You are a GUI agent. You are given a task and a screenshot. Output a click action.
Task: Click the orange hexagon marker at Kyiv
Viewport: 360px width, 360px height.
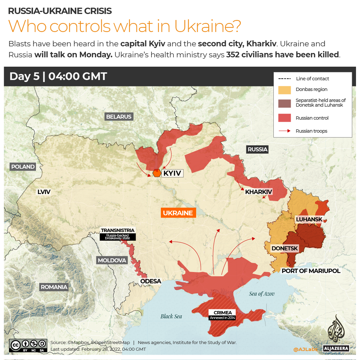coord(157,173)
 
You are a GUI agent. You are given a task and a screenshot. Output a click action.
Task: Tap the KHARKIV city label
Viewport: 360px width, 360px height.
coord(258,192)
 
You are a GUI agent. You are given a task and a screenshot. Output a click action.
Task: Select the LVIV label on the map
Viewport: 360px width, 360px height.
coord(44,192)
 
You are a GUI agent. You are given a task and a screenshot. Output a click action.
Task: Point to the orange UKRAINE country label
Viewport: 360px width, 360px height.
coord(178,213)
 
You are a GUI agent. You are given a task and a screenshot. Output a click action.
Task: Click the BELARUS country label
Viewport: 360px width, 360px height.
coord(119,117)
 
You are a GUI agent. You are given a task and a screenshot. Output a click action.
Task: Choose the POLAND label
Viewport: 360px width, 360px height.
coord(23,167)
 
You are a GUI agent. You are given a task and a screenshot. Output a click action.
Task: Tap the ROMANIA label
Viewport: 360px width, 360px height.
coord(54,287)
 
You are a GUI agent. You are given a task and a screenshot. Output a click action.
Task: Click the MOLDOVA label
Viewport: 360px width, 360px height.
coord(112,260)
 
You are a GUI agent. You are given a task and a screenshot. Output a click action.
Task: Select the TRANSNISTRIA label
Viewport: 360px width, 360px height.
coord(118,230)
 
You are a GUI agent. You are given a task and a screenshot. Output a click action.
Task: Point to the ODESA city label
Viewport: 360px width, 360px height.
coord(151,281)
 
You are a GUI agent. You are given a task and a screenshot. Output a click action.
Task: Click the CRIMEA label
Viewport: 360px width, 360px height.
coord(222,313)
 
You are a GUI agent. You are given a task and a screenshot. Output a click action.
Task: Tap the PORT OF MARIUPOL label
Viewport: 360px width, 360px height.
coord(311,271)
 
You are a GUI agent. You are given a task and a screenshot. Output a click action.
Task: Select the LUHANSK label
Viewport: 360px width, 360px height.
coord(309,219)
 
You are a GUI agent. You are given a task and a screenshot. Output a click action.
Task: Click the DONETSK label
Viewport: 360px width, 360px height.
coord(284,248)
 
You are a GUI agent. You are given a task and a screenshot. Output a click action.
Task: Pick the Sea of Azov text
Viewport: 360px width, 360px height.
coord(262,294)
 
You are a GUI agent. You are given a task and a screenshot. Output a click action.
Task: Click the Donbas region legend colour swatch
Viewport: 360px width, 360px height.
coord(284,90)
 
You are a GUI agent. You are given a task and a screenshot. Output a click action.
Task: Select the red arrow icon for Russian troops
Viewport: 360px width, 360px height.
coord(284,131)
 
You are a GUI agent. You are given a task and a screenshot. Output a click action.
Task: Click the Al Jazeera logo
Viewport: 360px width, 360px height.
coord(336,333)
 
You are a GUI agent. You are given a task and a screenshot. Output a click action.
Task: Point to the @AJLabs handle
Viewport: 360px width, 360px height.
coord(305,349)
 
